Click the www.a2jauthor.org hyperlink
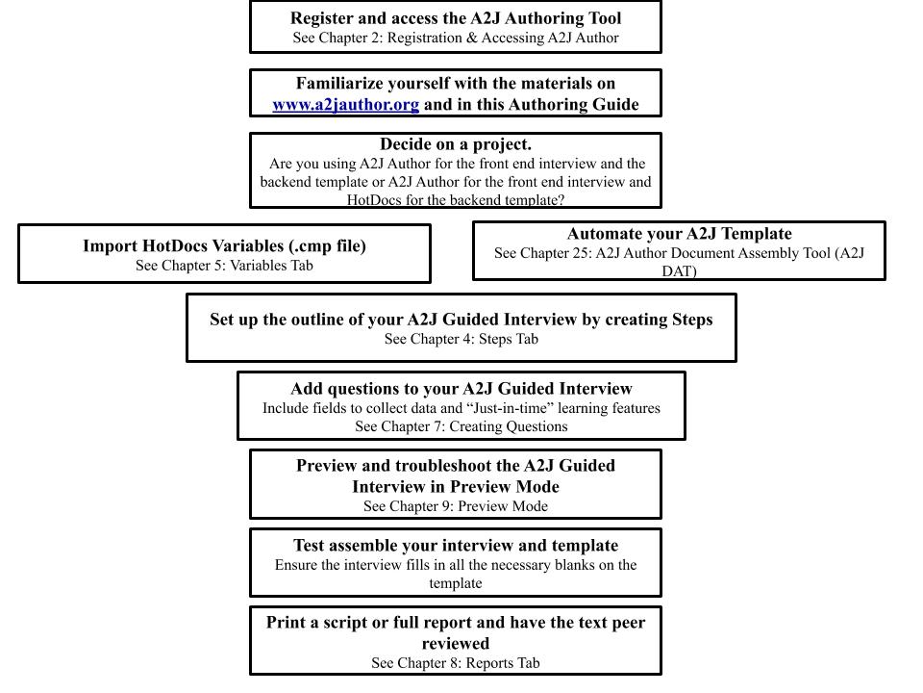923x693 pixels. (345, 105)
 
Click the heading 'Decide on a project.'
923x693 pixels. (456, 144)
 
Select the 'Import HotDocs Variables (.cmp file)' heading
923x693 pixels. (224, 245)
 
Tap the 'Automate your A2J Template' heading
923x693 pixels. (679, 234)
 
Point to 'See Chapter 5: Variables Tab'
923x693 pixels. (224, 266)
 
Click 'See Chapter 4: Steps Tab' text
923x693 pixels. (461, 339)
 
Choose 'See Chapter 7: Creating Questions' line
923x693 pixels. (461, 426)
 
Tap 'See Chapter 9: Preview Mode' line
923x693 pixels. (456, 506)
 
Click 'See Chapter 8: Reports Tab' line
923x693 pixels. (456, 662)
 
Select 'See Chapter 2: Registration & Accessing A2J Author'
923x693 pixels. (456, 38)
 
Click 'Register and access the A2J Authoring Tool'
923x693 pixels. (456, 18)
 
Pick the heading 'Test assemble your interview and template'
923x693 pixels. (456, 546)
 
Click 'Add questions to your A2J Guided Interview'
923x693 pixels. (461, 389)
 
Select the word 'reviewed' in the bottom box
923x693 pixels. (456, 643)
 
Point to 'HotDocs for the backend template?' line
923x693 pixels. (456, 200)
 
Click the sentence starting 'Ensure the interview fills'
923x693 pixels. (456, 565)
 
